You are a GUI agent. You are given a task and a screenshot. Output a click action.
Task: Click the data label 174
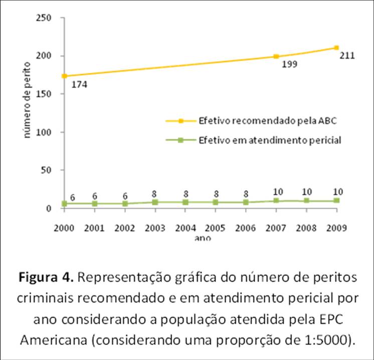(x=79, y=85)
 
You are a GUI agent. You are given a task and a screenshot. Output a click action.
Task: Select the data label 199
(x=290, y=65)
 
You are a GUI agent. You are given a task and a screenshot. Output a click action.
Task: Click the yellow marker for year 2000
(x=65, y=76)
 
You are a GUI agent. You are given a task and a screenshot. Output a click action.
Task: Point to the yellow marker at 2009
(x=337, y=48)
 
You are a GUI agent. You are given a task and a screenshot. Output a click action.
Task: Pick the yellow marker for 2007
(x=276, y=57)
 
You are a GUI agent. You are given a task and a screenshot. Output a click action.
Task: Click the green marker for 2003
(x=155, y=202)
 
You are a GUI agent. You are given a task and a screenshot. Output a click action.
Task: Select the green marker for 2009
(x=337, y=200)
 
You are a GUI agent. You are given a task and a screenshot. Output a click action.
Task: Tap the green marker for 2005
(x=216, y=202)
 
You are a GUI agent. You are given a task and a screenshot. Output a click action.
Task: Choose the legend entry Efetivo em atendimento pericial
(x=270, y=140)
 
